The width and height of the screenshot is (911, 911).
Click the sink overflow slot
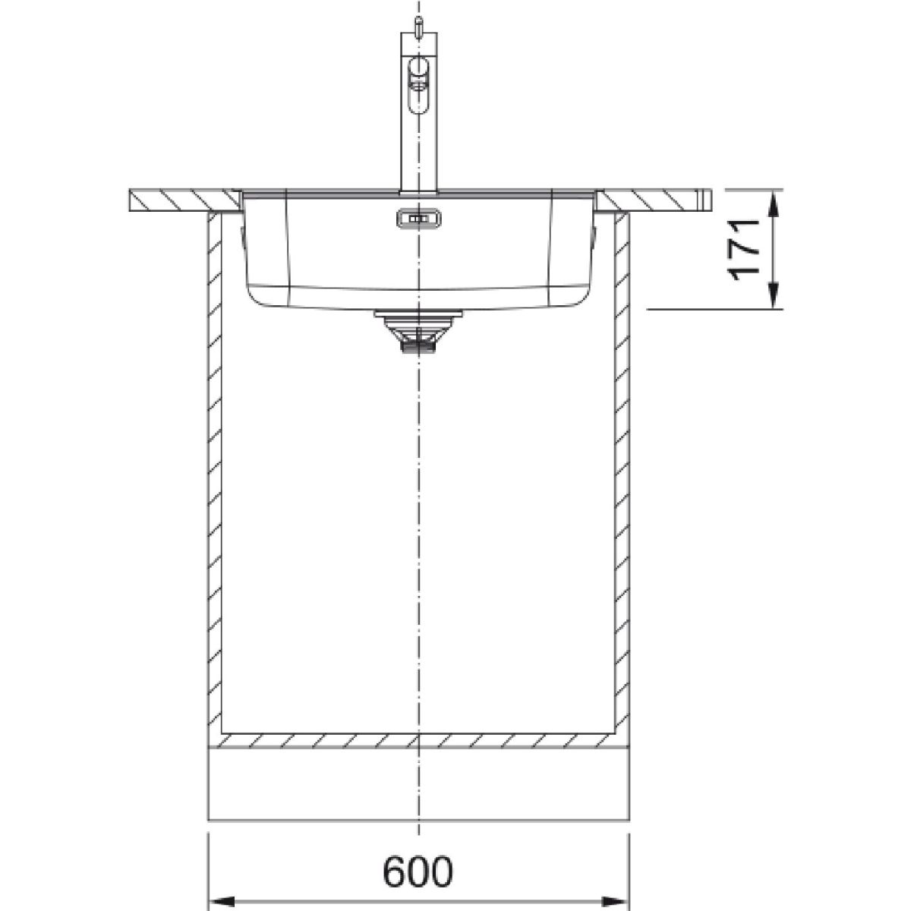pyautogui.click(x=419, y=219)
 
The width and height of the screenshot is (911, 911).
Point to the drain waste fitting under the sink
pyautogui.click(x=418, y=331)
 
